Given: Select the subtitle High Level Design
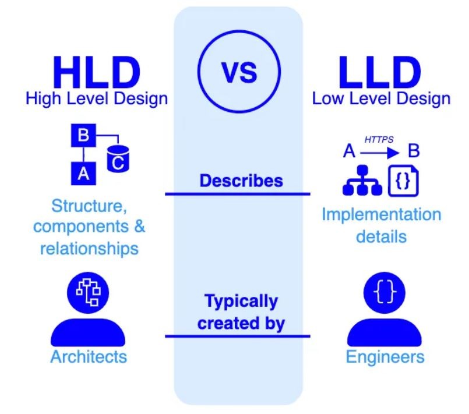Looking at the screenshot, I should [x=97, y=98].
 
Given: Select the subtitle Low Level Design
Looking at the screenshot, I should [x=381, y=98].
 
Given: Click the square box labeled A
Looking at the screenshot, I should [x=83, y=173].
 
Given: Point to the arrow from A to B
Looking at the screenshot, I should [x=379, y=153].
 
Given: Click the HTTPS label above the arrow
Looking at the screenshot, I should [x=378, y=139].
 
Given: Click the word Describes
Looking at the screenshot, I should [x=241, y=181].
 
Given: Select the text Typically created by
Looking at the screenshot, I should [x=241, y=312].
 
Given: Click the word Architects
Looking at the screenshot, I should [x=89, y=356].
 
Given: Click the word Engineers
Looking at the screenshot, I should [x=385, y=356].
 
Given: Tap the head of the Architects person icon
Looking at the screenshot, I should [x=89, y=292].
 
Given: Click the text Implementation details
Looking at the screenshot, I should [x=382, y=225].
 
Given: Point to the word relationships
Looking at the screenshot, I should [x=89, y=248].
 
